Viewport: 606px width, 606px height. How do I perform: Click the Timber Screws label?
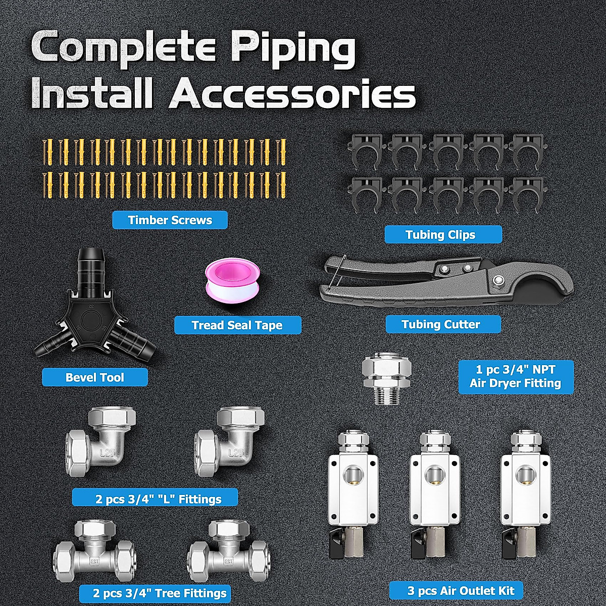[170, 220]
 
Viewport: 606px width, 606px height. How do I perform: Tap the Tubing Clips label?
[443, 235]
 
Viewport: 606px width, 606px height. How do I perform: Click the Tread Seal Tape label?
[237, 325]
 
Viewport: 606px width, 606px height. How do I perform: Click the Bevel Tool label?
[95, 377]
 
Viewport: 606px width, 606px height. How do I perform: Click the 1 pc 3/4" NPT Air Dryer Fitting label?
[516, 377]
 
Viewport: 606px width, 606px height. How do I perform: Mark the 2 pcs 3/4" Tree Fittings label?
[155, 593]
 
